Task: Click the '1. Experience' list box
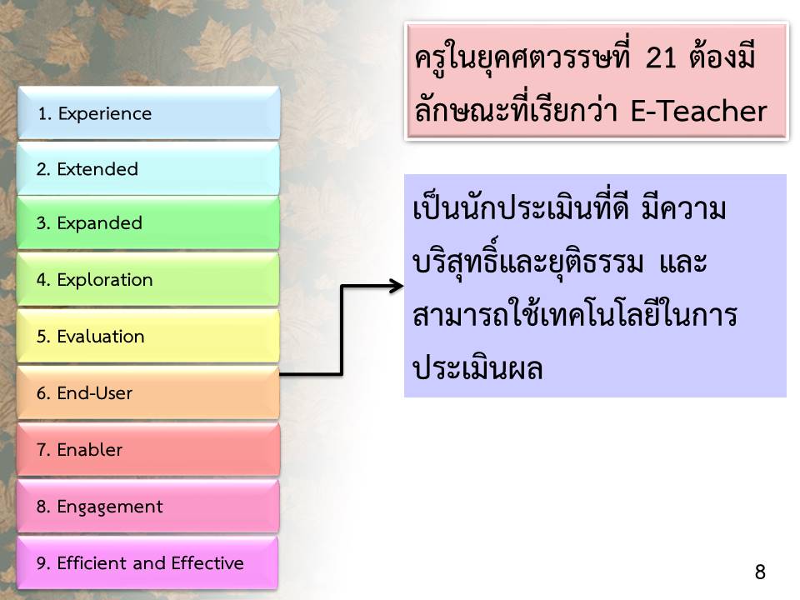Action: point(148,112)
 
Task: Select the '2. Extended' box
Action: point(148,169)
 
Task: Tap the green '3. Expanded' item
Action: point(148,223)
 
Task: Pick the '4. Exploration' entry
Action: point(148,280)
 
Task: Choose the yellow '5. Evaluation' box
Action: point(148,336)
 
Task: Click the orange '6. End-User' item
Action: point(148,392)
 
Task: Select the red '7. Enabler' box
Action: point(148,449)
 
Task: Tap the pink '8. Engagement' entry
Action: point(148,506)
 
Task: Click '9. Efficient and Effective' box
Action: point(148,562)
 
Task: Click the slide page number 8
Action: point(760,572)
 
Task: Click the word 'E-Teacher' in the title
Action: point(699,111)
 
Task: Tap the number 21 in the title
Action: point(661,57)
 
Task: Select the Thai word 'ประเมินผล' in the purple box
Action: point(477,368)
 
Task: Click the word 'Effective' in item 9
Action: point(207,562)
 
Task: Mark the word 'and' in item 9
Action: point(149,563)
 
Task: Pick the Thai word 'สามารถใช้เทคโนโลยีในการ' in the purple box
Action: point(575,315)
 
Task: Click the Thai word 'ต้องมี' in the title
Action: point(722,57)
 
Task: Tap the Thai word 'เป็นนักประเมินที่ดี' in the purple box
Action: point(521,208)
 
